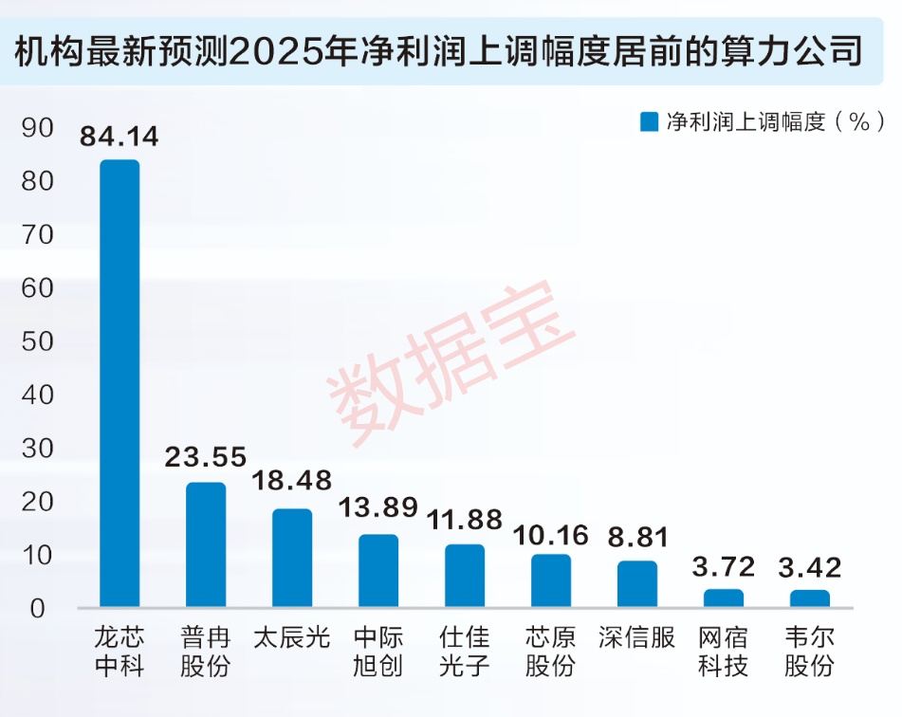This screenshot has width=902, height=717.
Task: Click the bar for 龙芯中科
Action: pyautogui.click(x=120, y=383)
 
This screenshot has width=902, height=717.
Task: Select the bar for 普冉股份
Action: pyautogui.click(x=206, y=544)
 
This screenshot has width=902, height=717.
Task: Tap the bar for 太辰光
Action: pyautogui.click(x=292, y=558)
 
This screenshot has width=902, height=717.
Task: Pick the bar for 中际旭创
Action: pyautogui.click(x=378, y=570)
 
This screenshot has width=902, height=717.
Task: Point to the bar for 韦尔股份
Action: pyautogui.click(x=810, y=598)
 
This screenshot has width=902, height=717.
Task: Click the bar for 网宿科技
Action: pyautogui.click(x=724, y=597)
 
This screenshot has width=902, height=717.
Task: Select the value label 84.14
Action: pyautogui.click(x=120, y=138)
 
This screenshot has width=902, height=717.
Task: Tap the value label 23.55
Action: pyautogui.click(x=206, y=458)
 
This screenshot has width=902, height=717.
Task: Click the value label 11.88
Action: pyautogui.click(x=465, y=521)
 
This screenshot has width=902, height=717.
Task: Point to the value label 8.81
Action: pyautogui.click(x=637, y=538)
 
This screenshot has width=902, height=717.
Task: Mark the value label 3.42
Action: pyautogui.click(x=810, y=569)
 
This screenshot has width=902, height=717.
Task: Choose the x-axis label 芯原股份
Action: pyautogui.click(x=551, y=651)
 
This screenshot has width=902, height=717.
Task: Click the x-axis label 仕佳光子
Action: pyautogui.click(x=465, y=651)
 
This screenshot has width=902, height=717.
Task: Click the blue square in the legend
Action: pyautogui.click(x=650, y=122)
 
